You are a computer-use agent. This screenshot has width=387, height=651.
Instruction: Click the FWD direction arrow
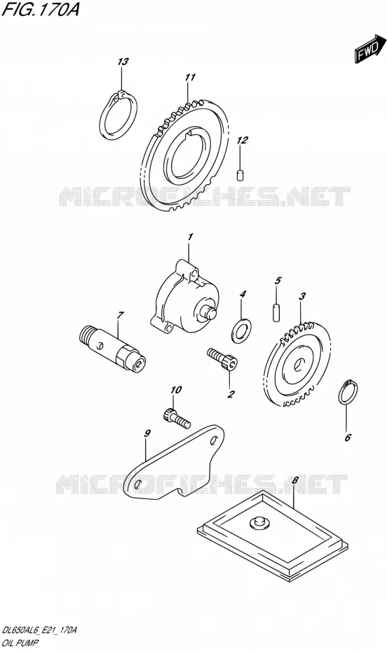[x=365, y=50]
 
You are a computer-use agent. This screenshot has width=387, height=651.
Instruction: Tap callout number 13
[x=123, y=62]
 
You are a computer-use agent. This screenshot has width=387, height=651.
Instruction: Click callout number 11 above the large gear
[x=190, y=78]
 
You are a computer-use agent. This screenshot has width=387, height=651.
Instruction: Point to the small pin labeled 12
[x=240, y=175]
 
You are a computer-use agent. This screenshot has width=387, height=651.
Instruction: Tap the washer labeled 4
[x=241, y=328]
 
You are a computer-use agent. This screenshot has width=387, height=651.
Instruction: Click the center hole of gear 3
[x=298, y=366]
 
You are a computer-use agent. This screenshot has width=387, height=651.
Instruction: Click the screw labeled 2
[x=224, y=358]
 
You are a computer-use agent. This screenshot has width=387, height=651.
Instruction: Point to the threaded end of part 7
[x=88, y=334]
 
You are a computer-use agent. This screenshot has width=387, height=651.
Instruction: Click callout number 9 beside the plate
[x=147, y=433]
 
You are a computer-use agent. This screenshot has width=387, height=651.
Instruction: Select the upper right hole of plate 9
[x=215, y=440]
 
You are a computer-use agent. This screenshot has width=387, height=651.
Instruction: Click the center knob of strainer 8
[x=258, y=522]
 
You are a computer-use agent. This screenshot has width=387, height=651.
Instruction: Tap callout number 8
[x=294, y=481]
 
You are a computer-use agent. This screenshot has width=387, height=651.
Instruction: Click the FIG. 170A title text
[x=41, y=10]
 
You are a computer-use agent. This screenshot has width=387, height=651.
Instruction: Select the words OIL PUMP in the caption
[x=20, y=643]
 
